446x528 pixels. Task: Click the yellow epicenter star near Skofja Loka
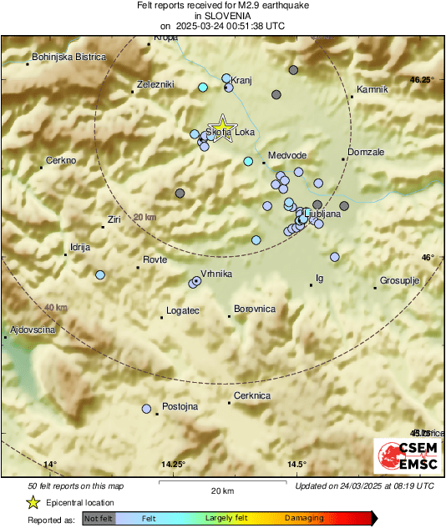(222, 124)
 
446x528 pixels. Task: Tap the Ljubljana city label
(322, 214)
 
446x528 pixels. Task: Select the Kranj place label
(241, 73)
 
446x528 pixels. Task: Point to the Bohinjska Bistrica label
(68, 57)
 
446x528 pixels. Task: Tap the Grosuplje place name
(399, 280)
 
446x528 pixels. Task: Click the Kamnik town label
(373, 89)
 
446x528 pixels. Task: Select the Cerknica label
(252, 395)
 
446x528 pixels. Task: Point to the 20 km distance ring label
(144, 217)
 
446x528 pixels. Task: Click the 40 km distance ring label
(55, 308)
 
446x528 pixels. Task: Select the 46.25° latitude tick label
(423, 80)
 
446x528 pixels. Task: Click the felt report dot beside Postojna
(146, 409)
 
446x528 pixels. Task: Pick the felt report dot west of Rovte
(100, 274)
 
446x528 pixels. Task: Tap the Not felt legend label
(98, 518)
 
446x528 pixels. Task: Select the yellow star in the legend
(33, 502)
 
